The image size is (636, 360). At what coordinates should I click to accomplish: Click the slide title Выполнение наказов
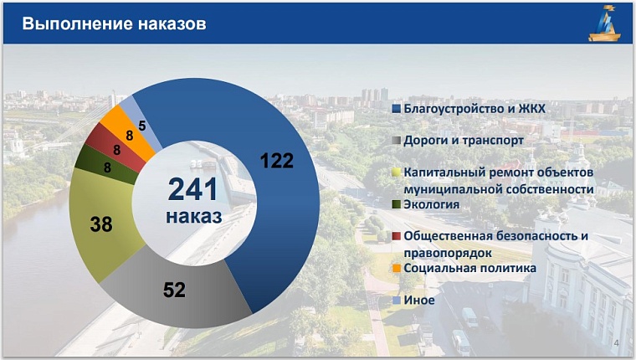[114, 23]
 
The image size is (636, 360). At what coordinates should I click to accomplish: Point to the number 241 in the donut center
[192, 189]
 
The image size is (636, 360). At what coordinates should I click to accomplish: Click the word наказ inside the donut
[193, 216]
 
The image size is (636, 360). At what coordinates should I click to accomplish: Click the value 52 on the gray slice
[174, 290]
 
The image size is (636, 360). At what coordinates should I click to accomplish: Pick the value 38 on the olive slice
[101, 224]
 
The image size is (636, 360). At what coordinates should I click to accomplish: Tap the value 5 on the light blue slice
[143, 126]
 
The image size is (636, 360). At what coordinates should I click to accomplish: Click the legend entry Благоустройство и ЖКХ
[475, 109]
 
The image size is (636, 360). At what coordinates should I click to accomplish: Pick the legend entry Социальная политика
[469, 268]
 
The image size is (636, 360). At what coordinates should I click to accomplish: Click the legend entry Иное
[418, 300]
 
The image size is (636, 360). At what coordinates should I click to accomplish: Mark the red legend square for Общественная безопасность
[397, 236]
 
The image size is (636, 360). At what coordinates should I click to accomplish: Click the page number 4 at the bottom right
[617, 343]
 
